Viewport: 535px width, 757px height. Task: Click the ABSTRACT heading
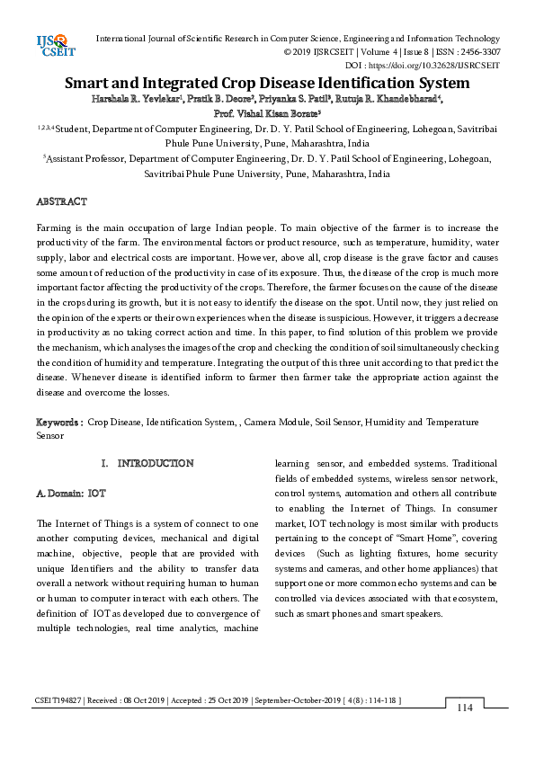61,201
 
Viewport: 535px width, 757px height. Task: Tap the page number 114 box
464,708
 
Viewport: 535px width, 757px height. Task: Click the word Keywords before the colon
58,422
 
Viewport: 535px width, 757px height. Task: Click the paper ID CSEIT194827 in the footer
60,699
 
